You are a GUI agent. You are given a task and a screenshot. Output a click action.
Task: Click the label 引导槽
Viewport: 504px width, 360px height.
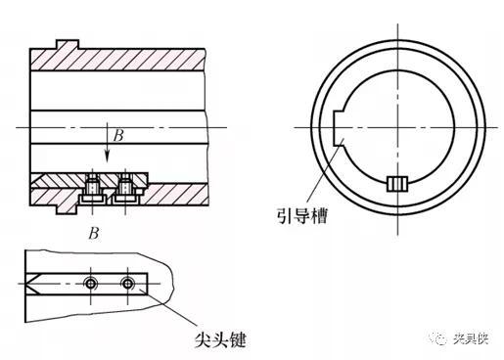coord(302,216)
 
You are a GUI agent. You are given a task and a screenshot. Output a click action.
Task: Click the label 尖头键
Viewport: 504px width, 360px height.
coord(220,340)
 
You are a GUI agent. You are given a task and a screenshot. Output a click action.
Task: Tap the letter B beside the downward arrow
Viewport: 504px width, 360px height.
coord(118,136)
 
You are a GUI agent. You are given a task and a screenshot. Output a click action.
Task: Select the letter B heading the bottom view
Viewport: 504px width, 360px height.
coord(94,234)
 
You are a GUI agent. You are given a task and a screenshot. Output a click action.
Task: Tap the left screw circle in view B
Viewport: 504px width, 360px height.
coord(90,284)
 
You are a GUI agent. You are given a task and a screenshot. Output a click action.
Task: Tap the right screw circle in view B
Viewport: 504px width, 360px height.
coord(127,284)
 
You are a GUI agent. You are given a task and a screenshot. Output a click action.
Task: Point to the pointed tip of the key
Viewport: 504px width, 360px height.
coord(26,284)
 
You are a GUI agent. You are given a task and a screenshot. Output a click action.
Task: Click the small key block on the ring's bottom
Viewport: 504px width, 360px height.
coord(397,184)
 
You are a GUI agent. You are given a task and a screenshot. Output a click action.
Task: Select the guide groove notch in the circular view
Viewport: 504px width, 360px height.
coord(339,127)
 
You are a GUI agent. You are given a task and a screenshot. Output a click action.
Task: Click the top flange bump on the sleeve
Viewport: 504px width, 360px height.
coord(68,44)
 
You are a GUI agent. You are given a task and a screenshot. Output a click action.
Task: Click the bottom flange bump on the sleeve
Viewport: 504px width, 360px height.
coord(67,209)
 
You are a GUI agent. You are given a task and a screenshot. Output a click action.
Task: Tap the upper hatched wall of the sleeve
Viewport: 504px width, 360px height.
coord(117,60)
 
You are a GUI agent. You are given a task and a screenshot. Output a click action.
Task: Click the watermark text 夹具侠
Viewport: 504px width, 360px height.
coord(471,339)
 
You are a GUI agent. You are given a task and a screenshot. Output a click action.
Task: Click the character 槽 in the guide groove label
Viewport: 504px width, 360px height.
coord(319,216)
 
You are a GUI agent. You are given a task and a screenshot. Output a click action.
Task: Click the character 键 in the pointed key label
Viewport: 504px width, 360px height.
coord(238,340)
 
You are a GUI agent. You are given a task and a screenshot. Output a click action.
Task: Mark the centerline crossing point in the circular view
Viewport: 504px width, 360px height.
coord(397,127)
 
